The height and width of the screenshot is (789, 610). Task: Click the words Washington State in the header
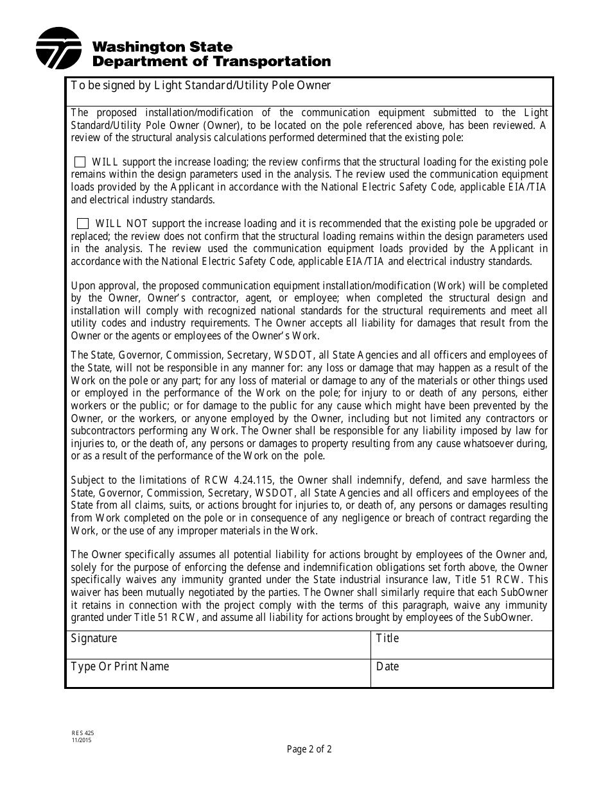pos(162,47)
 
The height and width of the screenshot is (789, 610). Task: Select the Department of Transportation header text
pos(212,62)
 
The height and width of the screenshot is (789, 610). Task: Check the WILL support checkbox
pos(80,162)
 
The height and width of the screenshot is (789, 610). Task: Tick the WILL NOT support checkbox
pos(83,224)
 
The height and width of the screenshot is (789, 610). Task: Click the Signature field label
pos(94,638)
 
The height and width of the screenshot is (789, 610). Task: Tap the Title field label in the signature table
pos(387,638)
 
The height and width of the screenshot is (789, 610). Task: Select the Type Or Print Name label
pos(119,666)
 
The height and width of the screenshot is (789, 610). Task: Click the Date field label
pos(387,666)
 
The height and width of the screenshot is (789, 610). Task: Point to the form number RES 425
pos(78,733)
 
